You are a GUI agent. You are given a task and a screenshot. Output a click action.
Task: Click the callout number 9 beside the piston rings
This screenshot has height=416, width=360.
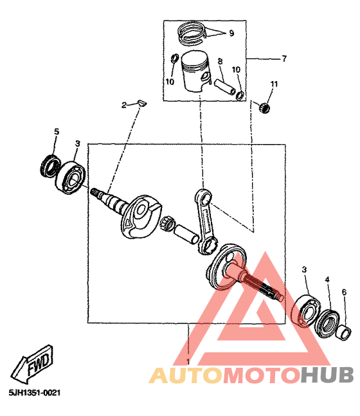[231, 33]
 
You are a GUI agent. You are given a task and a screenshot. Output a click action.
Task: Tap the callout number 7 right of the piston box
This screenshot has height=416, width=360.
[284, 59]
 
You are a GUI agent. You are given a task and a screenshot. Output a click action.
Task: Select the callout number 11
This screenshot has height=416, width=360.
[274, 84]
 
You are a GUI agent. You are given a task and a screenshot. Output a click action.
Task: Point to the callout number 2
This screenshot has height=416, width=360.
[124, 105]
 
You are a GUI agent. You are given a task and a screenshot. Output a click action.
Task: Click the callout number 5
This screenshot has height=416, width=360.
[57, 132]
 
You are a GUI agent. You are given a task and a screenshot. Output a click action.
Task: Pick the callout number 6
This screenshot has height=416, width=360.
[344, 293]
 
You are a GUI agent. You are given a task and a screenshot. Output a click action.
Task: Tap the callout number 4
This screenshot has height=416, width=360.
[327, 280]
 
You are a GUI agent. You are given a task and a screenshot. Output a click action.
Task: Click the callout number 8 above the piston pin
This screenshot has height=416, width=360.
[221, 62]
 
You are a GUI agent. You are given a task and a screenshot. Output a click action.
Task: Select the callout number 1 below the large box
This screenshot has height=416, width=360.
[188, 361]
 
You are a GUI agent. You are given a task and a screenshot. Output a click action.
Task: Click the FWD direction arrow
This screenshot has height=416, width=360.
[32, 363]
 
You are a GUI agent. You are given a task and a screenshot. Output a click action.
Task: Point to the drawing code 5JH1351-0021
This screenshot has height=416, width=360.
[35, 392]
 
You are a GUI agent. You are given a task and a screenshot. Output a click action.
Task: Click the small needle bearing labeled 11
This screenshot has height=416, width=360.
[264, 107]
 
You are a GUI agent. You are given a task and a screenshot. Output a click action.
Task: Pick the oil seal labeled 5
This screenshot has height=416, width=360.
[50, 168]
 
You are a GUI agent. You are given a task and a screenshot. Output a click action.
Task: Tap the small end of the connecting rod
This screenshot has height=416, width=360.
[203, 197]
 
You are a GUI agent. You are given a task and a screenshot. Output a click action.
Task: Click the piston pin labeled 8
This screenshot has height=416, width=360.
[224, 87]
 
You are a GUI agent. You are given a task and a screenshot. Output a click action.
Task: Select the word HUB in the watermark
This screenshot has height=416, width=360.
[327, 375]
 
